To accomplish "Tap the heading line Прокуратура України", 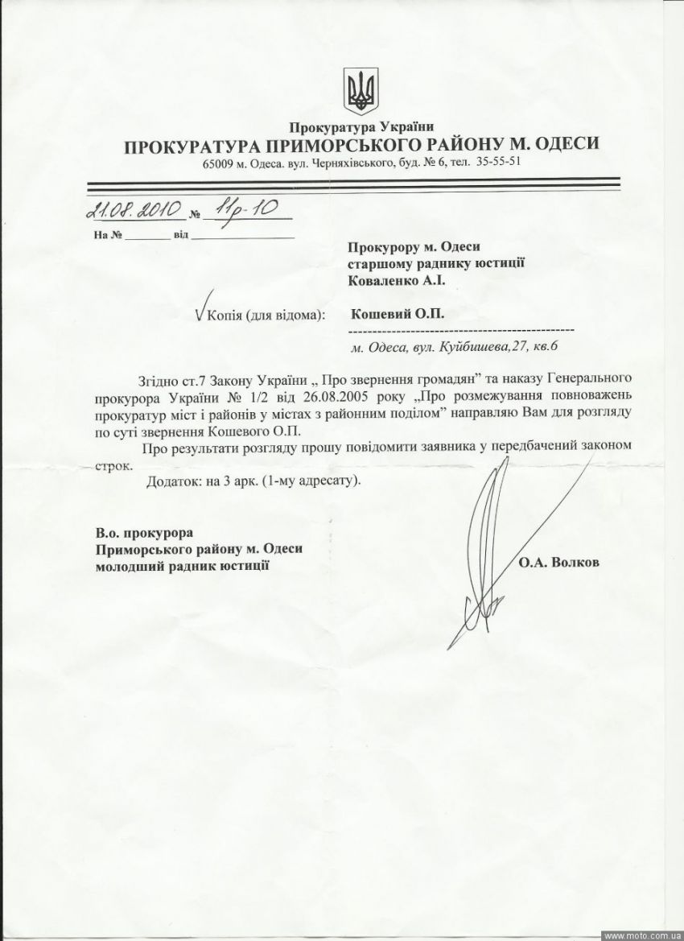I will [x=361, y=127].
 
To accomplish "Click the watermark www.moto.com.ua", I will [x=641, y=935].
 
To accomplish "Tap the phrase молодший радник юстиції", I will [x=182, y=567].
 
